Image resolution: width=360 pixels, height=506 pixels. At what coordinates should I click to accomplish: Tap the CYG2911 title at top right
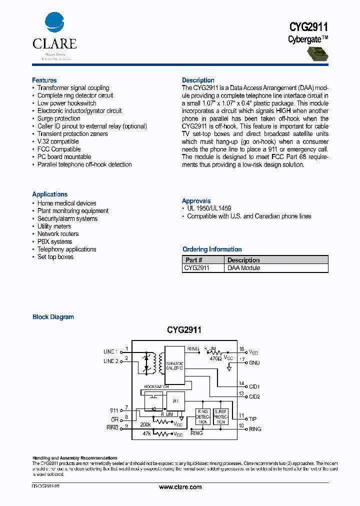point(308,27)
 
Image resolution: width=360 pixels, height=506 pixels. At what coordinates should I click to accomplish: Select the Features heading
point(44,80)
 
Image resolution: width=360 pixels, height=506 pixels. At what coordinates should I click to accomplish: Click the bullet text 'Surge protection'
point(58,118)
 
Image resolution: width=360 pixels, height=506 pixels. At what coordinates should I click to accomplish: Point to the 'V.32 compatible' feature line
point(57,141)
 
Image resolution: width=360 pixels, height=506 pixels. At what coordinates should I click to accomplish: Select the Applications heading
point(49,194)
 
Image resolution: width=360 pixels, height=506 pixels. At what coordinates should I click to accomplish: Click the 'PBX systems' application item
point(54,241)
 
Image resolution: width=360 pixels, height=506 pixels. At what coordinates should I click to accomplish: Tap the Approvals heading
point(196,201)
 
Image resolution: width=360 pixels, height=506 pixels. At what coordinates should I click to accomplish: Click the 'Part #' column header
point(194,260)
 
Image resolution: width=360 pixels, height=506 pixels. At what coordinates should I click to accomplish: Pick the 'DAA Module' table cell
point(244,268)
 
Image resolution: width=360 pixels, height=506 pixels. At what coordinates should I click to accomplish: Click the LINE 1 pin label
point(110,351)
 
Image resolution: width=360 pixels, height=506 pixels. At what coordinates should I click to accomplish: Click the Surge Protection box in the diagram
point(220,416)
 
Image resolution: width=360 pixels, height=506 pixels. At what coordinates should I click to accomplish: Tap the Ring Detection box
point(202,416)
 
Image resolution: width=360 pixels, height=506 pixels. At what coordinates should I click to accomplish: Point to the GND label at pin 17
point(254,362)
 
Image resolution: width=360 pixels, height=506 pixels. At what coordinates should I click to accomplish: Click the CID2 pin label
point(254,396)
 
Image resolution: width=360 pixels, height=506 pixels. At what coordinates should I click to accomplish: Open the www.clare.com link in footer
point(180,487)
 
